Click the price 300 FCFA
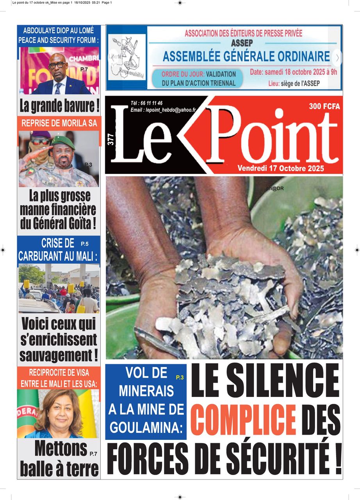point(324,106)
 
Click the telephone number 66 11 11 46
point(152,103)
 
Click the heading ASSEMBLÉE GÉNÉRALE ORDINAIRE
point(246,57)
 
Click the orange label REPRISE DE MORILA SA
point(59,124)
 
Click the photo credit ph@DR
point(275,189)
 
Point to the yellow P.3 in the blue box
point(180,377)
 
